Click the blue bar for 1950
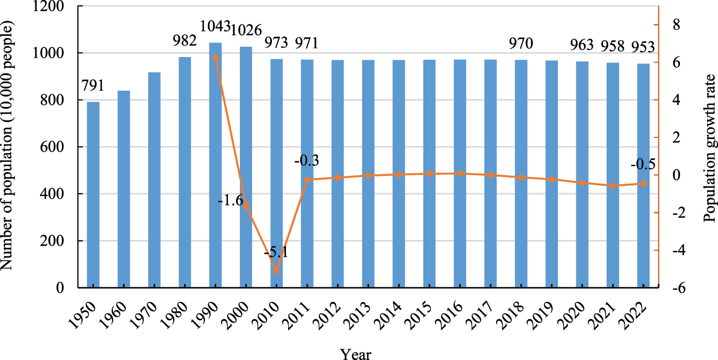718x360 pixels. (93, 194)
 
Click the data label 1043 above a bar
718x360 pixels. (215, 26)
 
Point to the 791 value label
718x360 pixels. (93, 86)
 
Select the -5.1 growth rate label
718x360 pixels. (276, 254)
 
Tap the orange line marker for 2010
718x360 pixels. (277, 271)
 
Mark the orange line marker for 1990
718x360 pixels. (215, 58)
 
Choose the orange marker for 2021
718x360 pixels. (613, 186)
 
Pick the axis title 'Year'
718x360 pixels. (355, 354)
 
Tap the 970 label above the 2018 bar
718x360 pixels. (521, 42)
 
